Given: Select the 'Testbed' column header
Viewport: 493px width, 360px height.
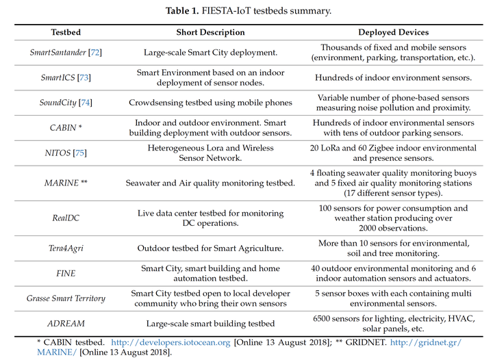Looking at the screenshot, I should click(x=66, y=32).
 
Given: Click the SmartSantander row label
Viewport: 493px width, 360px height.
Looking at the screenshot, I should click(x=60, y=52).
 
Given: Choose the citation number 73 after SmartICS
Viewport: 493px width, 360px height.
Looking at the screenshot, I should click(x=84, y=78).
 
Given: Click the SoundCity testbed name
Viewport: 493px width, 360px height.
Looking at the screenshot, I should click(x=59, y=103).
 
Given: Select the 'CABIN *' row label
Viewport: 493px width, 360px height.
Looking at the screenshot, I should click(x=66, y=127).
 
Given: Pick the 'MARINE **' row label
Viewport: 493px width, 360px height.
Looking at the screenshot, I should click(x=66, y=183).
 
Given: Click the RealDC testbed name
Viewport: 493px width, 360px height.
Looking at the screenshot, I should click(x=66, y=218).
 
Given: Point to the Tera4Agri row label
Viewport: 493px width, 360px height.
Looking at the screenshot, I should click(x=66, y=248).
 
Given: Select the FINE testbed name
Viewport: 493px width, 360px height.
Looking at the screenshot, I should click(x=66, y=273).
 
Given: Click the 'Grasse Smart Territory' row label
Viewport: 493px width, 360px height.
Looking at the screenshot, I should click(x=66, y=298).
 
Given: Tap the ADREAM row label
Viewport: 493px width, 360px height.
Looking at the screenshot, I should click(x=66, y=323).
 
